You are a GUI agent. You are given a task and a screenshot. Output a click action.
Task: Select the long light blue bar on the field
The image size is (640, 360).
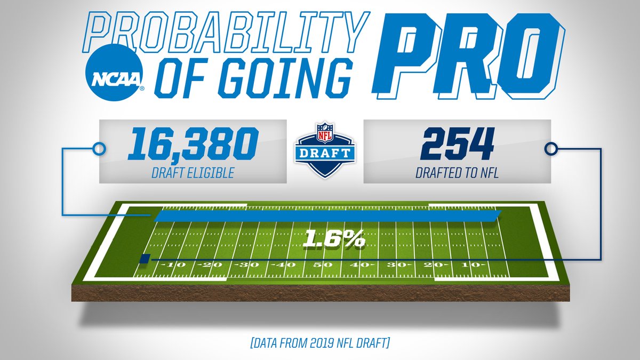click(326, 215)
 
